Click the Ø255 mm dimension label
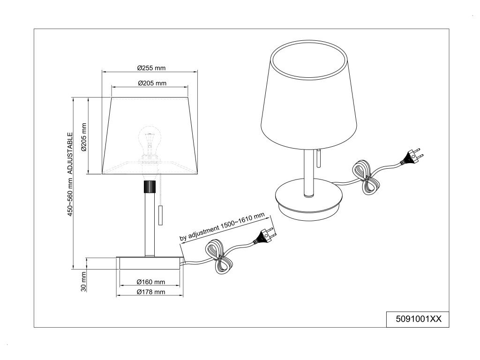151,68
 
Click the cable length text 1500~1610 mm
223,227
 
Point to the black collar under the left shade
150,187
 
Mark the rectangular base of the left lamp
150,263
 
